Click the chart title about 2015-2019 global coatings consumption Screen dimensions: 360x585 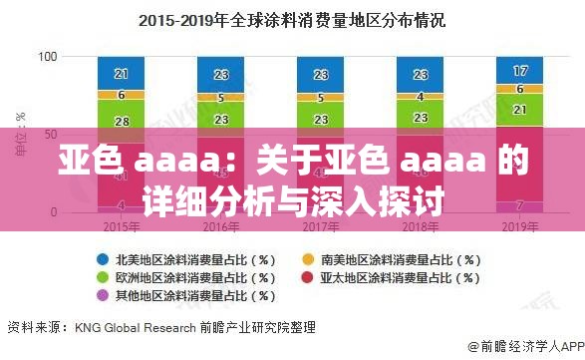click(x=291, y=19)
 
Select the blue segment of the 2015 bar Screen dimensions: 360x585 click(x=122, y=73)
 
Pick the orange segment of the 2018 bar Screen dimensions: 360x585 click(x=421, y=97)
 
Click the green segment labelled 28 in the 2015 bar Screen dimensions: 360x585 click(x=122, y=121)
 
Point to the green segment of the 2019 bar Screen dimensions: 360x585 click(x=520, y=110)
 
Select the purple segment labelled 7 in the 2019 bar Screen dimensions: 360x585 click(x=520, y=205)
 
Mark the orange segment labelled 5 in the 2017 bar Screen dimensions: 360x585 click(x=321, y=98)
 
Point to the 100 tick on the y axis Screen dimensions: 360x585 click(x=47, y=57)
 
